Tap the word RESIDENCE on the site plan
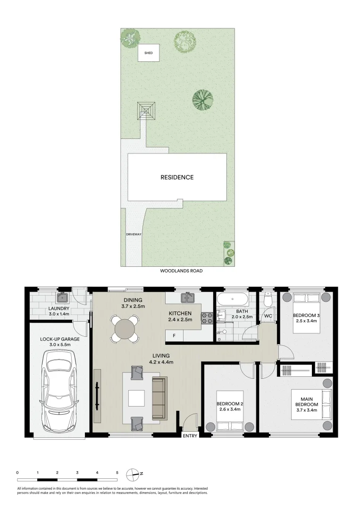(x=177, y=178)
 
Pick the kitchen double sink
(x=189, y=297)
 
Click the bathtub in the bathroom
(x=231, y=299)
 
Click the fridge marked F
(x=174, y=335)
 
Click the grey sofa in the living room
(x=159, y=398)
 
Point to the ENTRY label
(x=190, y=436)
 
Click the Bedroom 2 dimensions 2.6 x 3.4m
(x=230, y=409)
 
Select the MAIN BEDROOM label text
(x=307, y=401)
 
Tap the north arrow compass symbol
(x=134, y=473)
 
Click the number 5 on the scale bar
(x=117, y=472)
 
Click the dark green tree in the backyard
(x=202, y=99)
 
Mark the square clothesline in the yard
(x=147, y=111)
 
